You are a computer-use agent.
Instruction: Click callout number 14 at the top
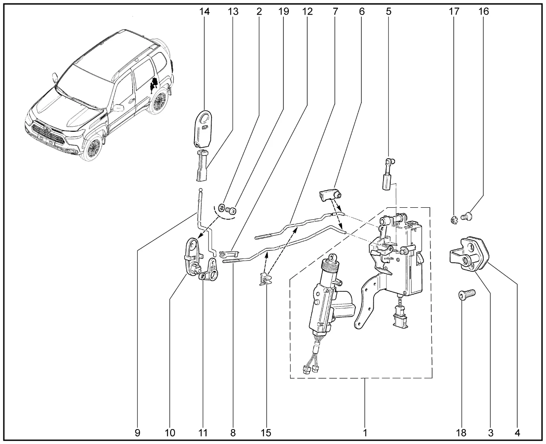pyautogui.click(x=204, y=12)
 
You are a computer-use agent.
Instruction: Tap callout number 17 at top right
pyautogui.click(x=454, y=12)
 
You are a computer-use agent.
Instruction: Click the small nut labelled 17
pyautogui.click(x=454, y=220)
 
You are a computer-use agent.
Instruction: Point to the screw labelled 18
pyautogui.click(x=467, y=295)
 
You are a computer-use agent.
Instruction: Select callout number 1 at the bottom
pyautogui.click(x=365, y=433)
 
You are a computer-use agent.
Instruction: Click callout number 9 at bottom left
pyautogui.click(x=137, y=433)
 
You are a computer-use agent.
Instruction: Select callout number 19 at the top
pyautogui.click(x=284, y=12)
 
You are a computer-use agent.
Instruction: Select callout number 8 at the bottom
pyautogui.click(x=232, y=433)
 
